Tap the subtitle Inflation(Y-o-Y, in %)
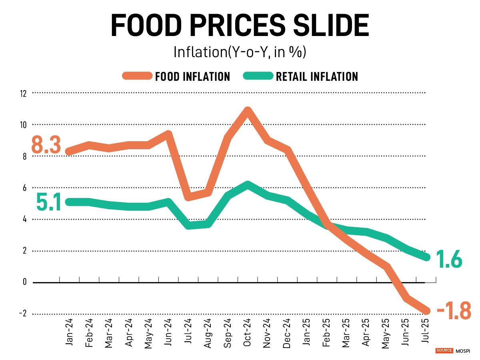[240, 52]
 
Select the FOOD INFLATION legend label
[192, 76]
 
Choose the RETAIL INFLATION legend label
[317, 76]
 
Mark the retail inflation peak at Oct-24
[248, 185]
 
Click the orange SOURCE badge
[444, 351]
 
